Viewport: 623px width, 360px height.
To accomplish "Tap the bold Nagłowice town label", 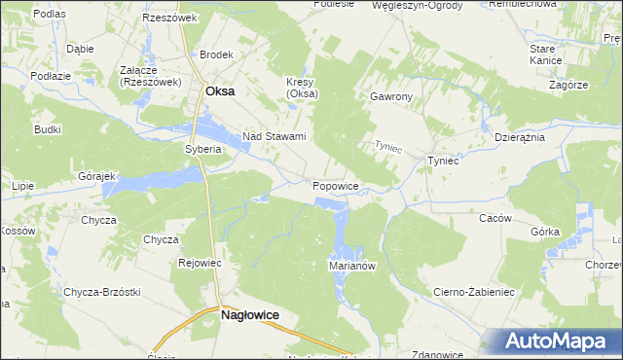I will click(250, 315).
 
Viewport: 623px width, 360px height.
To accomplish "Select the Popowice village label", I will click(337, 185).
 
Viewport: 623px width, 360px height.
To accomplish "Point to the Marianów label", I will click(352, 265).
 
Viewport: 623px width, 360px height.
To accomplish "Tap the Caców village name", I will click(495, 218).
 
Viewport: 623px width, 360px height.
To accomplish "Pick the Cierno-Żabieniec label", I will click(474, 291).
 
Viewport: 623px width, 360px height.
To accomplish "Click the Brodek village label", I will click(217, 55).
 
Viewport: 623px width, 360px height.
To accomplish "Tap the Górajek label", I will click(96, 176).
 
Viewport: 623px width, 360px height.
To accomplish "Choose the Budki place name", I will click(48, 128).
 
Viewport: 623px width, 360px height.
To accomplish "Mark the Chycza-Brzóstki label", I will click(103, 292).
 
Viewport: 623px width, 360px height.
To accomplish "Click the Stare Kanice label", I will click(542, 54).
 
